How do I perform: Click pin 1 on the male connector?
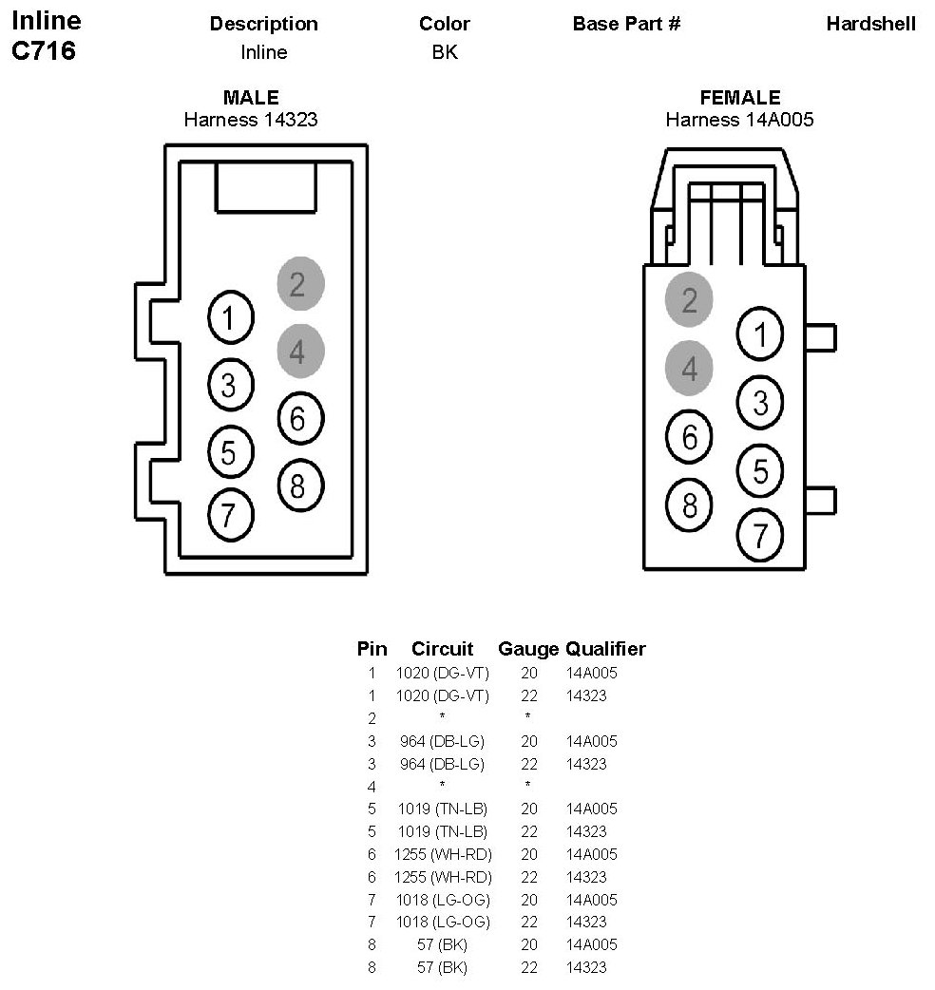coord(231,317)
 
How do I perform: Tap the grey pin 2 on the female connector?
coord(689,299)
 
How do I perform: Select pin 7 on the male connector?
coord(231,515)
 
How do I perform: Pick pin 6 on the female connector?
coord(689,436)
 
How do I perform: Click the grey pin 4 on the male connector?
coord(300,351)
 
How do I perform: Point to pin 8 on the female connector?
coord(689,505)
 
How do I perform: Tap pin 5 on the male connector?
coord(231,452)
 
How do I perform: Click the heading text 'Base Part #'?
coord(626,24)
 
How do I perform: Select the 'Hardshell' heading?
coord(870,24)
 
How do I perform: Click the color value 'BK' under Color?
coord(445,51)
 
